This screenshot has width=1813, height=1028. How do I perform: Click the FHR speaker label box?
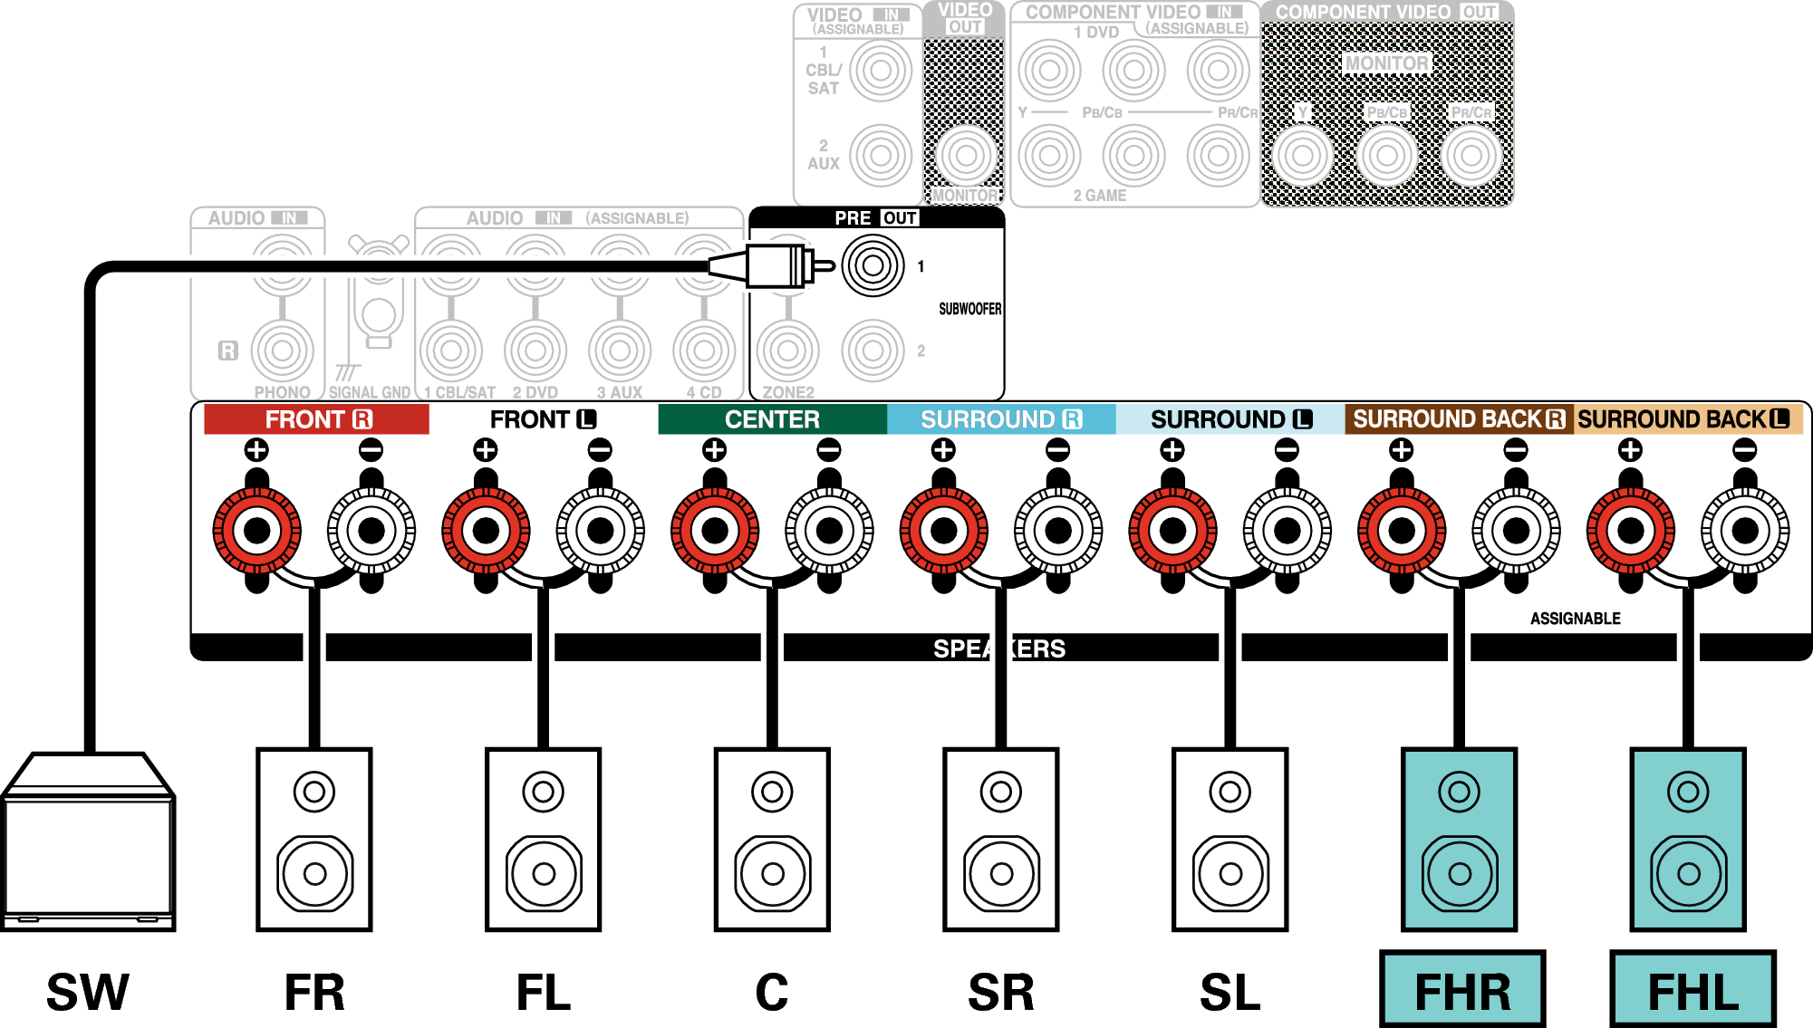(1462, 989)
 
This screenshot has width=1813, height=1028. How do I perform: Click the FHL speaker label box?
(1692, 989)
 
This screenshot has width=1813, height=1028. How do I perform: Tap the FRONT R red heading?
(316, 419)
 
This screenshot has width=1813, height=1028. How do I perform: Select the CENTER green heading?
(772, 419)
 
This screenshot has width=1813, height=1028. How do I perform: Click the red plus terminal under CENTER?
(715, 531)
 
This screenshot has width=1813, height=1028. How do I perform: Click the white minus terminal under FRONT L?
(600, 531)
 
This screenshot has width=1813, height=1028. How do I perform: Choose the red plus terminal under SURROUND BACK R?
(1402, 531)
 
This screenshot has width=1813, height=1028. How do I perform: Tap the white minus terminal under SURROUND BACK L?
(1745, 531)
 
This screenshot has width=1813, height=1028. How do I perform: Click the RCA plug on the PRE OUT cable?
(775, 266)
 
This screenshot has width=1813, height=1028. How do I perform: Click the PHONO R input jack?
(282, 351)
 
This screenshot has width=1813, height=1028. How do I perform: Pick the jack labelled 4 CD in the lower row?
(704, 351)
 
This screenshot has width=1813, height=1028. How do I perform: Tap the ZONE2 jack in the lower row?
(788, 351)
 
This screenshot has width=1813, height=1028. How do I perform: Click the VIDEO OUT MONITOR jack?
(966, 155)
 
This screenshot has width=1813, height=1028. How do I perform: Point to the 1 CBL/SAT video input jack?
(881, 71)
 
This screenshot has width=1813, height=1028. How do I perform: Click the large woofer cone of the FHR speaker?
(1459, 873)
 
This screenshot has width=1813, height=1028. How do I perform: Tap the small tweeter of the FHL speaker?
(1688, 792)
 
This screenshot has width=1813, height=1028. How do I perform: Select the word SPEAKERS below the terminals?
(999, 649)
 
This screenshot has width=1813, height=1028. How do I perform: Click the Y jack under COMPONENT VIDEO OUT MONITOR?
(1302, 155)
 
